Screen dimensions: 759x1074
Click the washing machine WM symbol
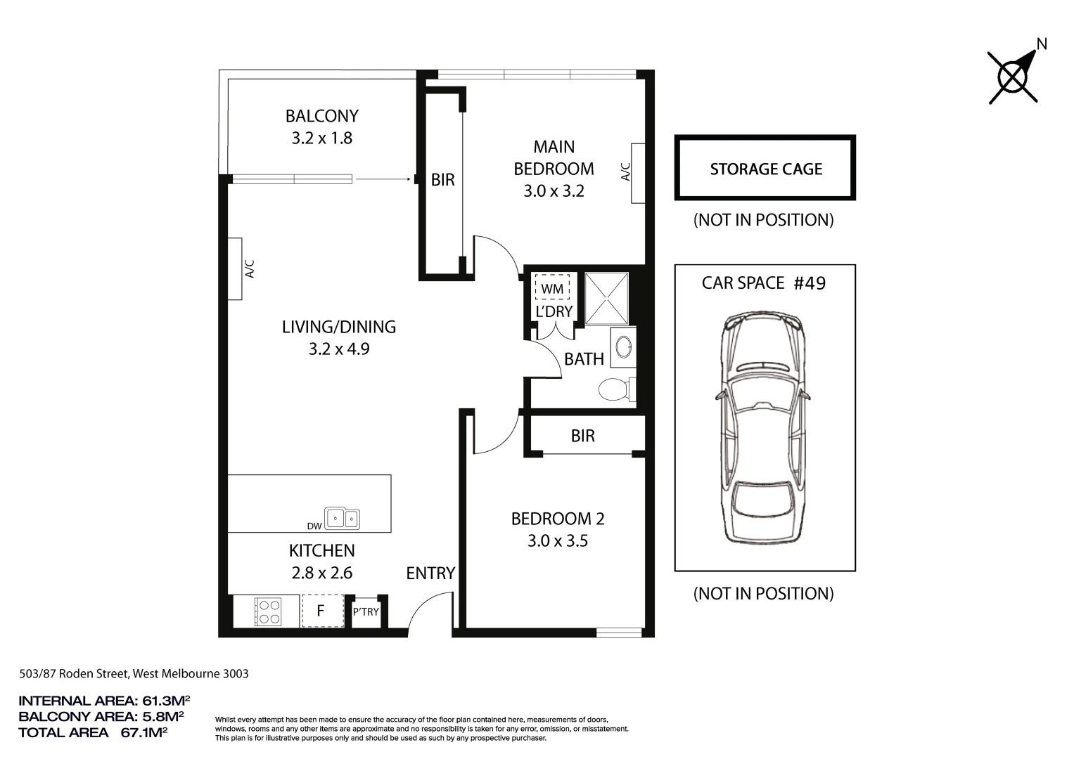[x=552, y=289]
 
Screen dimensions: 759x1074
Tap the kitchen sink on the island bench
[x=342, y=519]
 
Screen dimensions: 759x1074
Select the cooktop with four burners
[x=268, y=611]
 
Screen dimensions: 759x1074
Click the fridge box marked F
[x=321, y=611]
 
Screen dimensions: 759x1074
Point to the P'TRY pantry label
[x=366, y=612]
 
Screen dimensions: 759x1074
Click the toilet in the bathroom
[x=615, y=389]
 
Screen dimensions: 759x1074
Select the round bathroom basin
[x=623, y=346]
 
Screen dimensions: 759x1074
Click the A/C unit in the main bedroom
[x=638, y=173]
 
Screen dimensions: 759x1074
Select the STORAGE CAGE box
[x=765, y=169]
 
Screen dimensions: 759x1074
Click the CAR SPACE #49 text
[x=763, y=283]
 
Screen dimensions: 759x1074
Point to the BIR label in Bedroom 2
[x=583, y=436]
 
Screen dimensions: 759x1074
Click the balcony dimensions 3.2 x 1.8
[x=321, y=138]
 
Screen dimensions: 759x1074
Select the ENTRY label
[x=430, y=573]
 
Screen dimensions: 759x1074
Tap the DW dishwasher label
[x=314, y=526]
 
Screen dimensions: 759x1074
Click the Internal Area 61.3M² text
[x=104, y=701]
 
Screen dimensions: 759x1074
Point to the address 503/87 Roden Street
[x=134, y=673]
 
